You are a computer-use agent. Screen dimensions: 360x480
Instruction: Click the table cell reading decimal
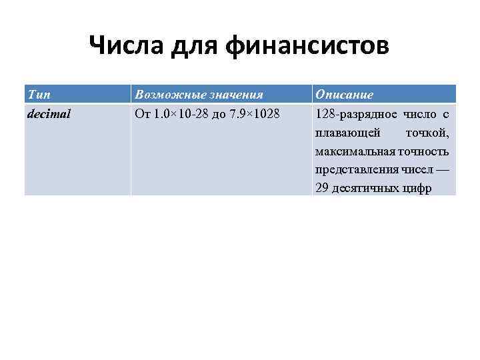click(49, 114)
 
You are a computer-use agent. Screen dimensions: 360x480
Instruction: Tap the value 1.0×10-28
click(181, 114)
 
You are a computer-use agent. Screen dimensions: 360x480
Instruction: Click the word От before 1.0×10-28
click(143, 114)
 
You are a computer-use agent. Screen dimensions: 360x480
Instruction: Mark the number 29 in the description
click(322, 188)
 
